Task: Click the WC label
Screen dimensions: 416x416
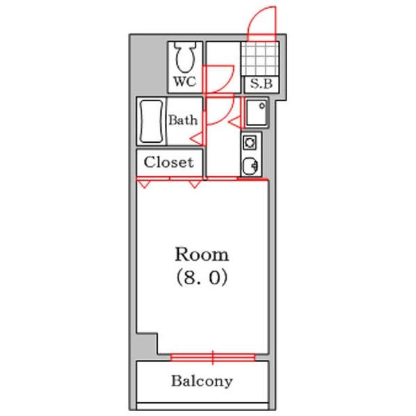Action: click(185, 81)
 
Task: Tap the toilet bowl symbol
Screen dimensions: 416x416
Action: click(185, 58)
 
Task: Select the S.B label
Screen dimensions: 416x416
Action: click(261, 84)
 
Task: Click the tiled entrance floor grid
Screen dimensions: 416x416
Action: click(260, 59)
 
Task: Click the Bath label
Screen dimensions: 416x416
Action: click(183, 120)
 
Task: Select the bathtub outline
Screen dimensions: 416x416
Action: click(151, 121)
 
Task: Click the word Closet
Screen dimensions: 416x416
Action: click(168, 162)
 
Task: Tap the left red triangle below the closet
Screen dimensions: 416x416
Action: click(145, 184)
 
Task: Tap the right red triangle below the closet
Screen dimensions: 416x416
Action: click(194, 184)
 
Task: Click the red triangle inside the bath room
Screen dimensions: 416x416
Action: click(198, 139)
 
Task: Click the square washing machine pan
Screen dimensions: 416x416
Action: click(257, 112)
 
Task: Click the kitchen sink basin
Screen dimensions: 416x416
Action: click(250, 166)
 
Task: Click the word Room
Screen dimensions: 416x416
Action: click(202, 254)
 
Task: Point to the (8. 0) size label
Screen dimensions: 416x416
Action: click(202, 277)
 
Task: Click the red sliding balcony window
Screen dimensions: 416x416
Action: click(213, 358)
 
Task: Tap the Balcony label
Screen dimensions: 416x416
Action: click(202, 381)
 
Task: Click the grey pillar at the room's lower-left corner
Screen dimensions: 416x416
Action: click(146, 345)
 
